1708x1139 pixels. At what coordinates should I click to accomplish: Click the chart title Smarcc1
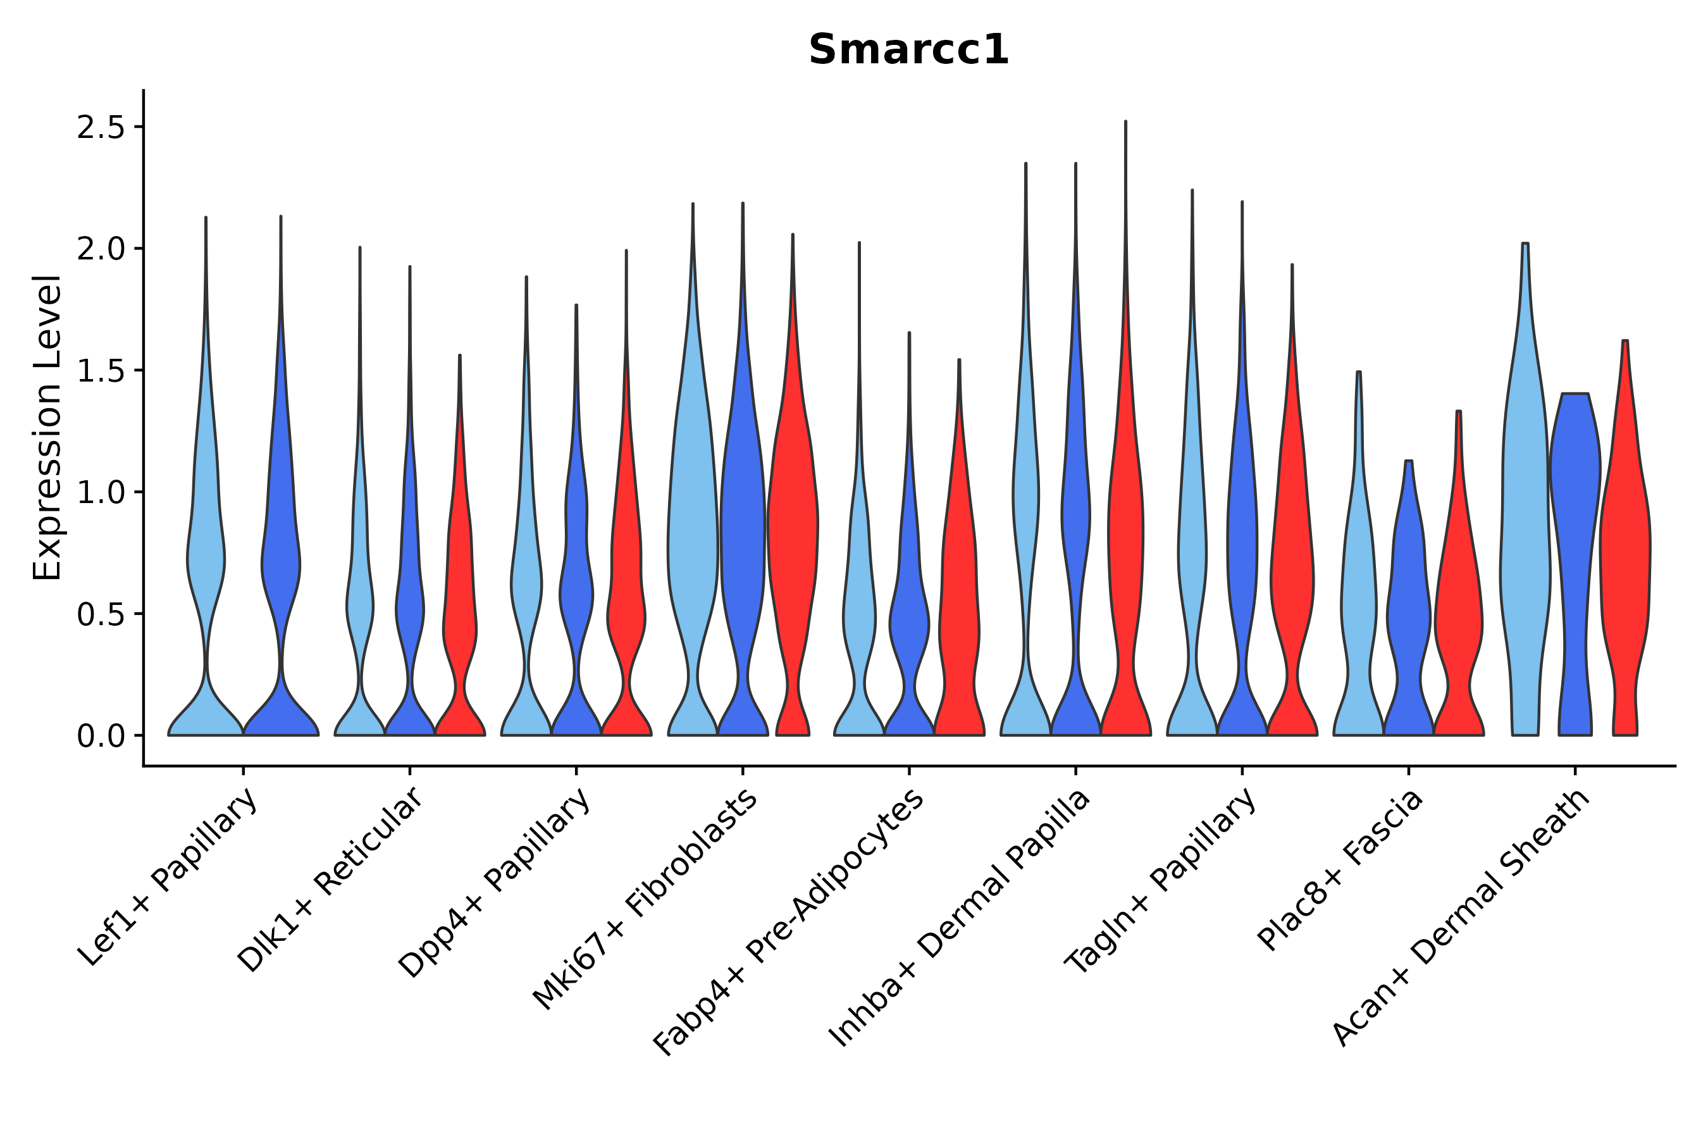pos(908,51)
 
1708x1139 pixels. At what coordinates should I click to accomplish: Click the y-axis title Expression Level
pos(48,427)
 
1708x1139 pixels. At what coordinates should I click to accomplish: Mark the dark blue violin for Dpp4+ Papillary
pos(576,581)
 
